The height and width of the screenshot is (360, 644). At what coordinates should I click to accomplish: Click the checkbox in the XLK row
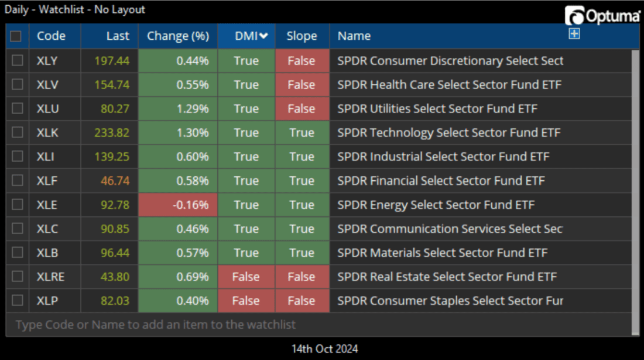18,133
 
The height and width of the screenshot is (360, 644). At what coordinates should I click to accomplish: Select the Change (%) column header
178,36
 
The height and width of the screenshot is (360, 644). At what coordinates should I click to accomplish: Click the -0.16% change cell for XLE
178,205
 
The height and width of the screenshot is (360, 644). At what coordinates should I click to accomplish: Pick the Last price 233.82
112,133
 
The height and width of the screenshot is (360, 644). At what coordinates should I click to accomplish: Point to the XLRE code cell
50,277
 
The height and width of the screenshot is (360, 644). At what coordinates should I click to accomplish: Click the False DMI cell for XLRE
246,277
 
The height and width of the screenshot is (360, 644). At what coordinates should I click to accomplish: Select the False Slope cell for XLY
302,61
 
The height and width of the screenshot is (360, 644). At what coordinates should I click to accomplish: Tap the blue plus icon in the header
574,34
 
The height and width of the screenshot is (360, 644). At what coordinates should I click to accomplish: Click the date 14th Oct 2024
325,349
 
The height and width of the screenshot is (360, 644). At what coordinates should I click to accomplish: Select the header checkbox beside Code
16,36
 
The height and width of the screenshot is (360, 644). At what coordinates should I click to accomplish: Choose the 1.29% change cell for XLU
178,109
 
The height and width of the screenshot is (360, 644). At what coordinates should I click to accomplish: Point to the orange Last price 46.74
115,181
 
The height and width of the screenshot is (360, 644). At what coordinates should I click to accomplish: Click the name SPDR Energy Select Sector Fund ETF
436,205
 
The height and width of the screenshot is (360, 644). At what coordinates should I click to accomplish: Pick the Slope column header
302,36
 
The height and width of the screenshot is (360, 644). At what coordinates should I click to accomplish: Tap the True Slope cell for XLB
302,253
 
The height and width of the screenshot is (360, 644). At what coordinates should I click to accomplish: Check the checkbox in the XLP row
18,301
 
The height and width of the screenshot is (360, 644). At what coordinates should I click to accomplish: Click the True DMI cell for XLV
246,85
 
